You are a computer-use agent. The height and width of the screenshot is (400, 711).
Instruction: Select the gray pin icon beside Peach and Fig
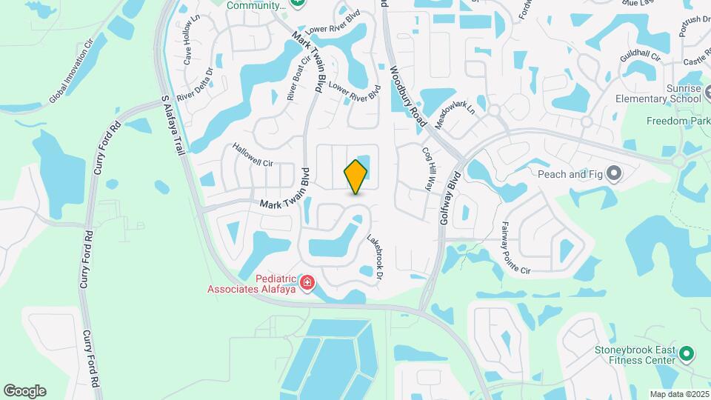pyautogui.click(x=613, y=174)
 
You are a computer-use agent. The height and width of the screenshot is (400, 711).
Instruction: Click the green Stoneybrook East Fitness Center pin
pyautogui.click(x=687, y=355)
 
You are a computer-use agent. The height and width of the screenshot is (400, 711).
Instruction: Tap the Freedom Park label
pyautogui.click(x=678, y=121)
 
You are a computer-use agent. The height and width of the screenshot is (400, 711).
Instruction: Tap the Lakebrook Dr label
pyautogui.click(x=377, y=256)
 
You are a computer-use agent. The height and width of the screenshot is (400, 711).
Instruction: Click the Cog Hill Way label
pyautogui.click(x=427, y=167)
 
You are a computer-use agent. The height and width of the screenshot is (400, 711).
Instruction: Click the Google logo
pyautogui.click(x=24, y=390)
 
